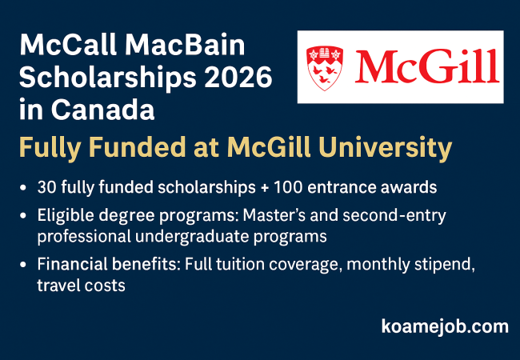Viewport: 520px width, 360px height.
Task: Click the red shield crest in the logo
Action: [x=325, y=68]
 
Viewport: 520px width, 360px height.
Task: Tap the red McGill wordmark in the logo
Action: [x=427, y=66]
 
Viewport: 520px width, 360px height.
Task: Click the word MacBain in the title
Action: [x=185, y=45]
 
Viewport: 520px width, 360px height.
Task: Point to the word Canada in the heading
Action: [x=103, y=110]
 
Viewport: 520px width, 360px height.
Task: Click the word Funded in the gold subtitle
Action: [x=138, y=146]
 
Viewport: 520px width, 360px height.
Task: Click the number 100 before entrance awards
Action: [x=288, y=187]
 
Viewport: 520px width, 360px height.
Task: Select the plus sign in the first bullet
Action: [x=264, y=188]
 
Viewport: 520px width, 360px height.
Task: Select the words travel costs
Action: [x=82, y=286]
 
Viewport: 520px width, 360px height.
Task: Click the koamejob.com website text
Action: [x=445, y=327]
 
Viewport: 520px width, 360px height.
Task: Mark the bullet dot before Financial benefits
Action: [x=23, y=265]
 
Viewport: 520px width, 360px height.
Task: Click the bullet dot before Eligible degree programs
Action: [x=23, y=216]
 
